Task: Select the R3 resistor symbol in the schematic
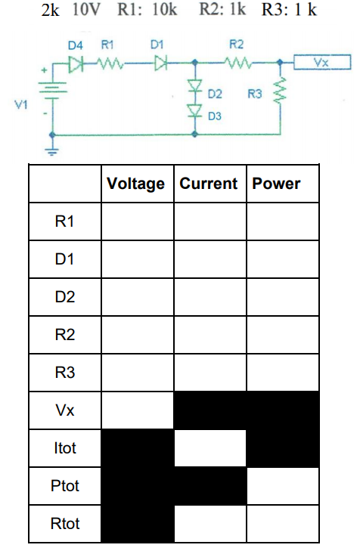[x=281, y=93]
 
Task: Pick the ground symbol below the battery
[x=53, y=148]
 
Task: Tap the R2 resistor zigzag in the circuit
[x=241, y=63]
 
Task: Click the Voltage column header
[x=136, y=184]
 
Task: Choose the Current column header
[x=209, y=184]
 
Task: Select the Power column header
[x=276, y=184]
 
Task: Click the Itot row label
[x=64, y=448]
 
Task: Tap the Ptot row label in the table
[x=64, y=486]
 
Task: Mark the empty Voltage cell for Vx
[x=137, y=410]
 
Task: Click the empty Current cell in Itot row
[x=209, y=448]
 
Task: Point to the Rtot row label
[x=64, y=524]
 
